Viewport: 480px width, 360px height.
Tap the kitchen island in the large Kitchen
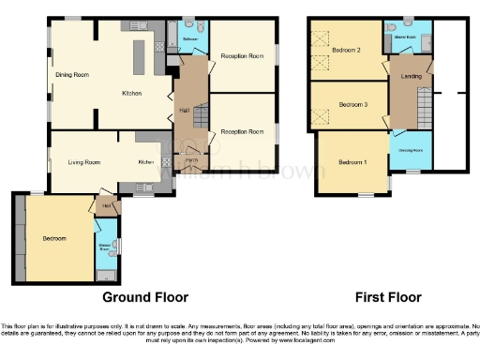pyautogui.click(x=141, y=60)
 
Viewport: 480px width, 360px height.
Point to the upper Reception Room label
pyautogui.click(x=242, y=56)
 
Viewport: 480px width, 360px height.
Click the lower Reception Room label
pyautogui.click(x=242, y=131)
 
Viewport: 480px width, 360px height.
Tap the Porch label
pyautogui.click(x=191, y=161)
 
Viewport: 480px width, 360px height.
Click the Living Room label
pyautogui.click(x=84, y=162)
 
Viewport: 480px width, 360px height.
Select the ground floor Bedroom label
pyautogui.click(x=53, y=238)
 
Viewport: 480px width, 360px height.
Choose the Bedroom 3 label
pyautogui.click(x=352, y=104)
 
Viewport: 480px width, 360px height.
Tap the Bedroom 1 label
pyautogui.click(x=351, y=162)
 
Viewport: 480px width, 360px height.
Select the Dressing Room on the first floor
pyautogui.click(x=411, y=150)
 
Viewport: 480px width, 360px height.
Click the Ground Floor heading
pyautogui.click(x=145, y=297)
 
